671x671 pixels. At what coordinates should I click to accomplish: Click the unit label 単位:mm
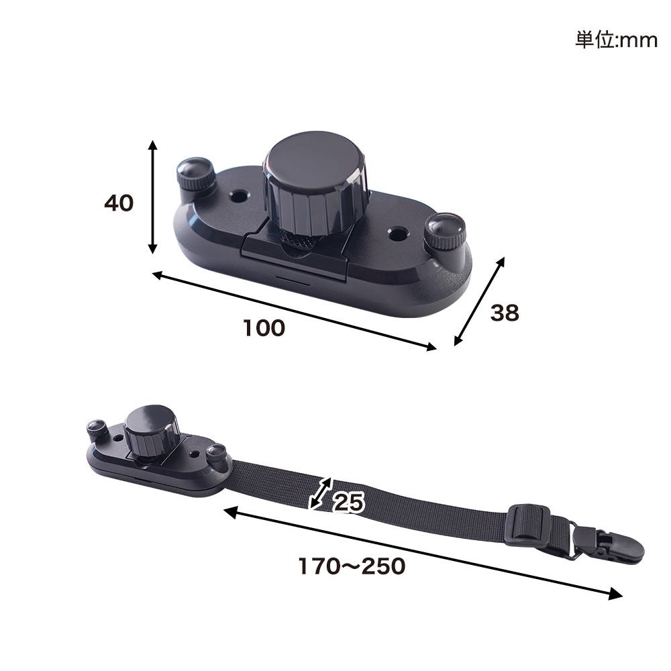click(616, 40)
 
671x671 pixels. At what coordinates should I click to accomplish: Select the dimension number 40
click(119, 203)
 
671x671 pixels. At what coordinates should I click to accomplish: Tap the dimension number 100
click(264, 328)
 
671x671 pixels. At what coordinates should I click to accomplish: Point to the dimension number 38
click(505, 313)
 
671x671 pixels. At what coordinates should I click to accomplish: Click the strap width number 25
click(348, 502)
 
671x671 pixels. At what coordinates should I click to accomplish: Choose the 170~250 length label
click(352, 566)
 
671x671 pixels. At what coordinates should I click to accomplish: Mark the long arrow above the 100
click(295, 311)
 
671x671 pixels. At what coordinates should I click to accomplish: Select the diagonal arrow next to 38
click(479, 301)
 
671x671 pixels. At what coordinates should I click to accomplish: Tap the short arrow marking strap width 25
click(320, 493)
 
